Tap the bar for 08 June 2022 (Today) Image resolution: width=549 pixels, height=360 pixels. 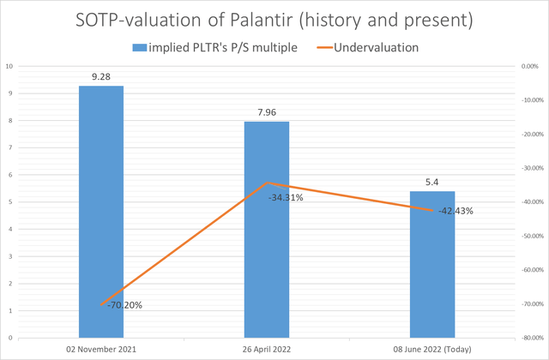pos(432,274)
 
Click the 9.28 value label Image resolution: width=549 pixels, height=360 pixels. pos(101,77)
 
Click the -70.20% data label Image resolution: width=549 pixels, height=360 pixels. pos(125,305)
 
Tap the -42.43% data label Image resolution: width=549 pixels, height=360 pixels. pos(455,211)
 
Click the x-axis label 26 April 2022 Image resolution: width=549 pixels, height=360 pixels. pos(267,350)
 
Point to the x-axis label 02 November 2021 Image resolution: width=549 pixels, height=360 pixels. pos(101,350)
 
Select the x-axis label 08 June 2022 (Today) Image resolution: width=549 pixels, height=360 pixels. pos(432,350)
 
